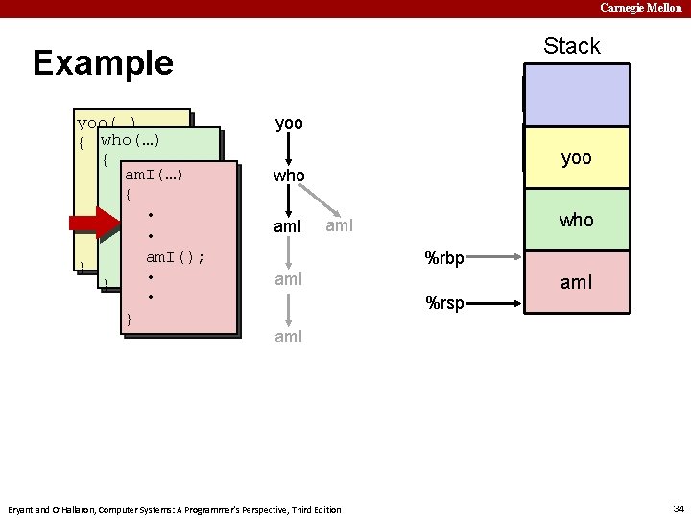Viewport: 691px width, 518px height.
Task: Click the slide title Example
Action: [103, 63]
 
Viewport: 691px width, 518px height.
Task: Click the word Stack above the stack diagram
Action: [571, 46]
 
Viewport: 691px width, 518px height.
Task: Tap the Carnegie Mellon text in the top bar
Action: [641, 8]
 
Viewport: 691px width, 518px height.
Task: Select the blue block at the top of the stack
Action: [576, 94]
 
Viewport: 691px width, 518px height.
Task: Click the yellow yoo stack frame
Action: [576, 157]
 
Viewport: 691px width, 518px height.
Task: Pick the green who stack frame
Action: [576, 220]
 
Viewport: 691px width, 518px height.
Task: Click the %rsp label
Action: [444, 304]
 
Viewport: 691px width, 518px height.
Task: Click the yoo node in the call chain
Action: [289, 124]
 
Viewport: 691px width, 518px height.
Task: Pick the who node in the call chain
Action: [289, 177]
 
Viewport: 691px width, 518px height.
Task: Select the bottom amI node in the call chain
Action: [289, 337]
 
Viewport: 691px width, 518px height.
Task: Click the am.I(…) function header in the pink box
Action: [154, 175]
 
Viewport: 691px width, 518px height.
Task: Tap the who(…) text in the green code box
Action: [130, 140]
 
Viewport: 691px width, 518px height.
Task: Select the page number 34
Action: [679, 508]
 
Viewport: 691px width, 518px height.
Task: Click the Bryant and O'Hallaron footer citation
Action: [174, 509]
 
